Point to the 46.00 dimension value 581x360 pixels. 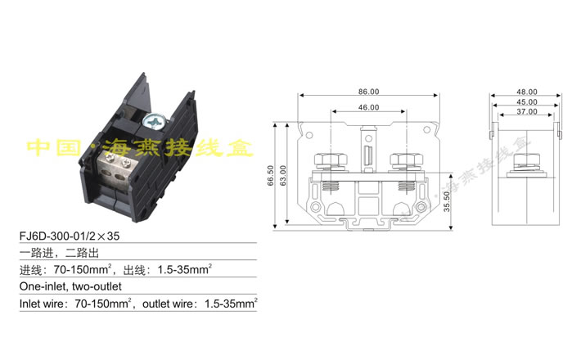pyautogui.click(x=367, y=107)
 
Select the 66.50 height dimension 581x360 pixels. pyautogui.click(x=271, y=176)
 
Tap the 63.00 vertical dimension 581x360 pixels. pyautogui.click(x=283, y=174)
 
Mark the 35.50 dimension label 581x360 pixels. pyautogui.click(x=445, y=200)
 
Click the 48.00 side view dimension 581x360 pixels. pyautogui.click(x=526, y=92)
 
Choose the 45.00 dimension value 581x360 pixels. pyautogui.click(x=526, y=101)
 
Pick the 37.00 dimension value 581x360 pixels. pyautogui.click(x=526, y=111)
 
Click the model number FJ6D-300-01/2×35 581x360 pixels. pyautogui.click(x=69, y=237)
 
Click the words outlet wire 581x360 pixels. pyautogui.click(x=167, y=304)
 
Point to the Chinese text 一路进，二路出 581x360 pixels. pyautogui.click(x=57, y=254)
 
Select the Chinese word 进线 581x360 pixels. pyautogui.click(x=32, y=270)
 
